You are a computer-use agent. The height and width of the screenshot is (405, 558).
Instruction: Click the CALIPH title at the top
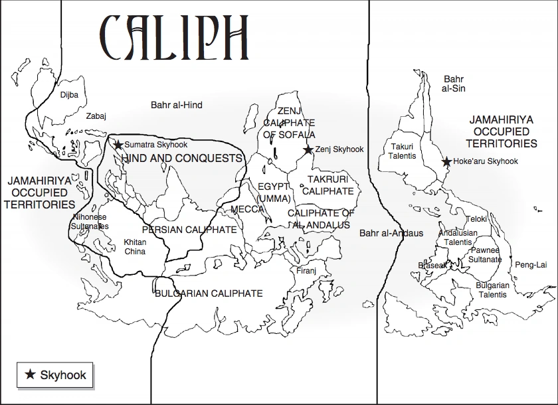(174, 33)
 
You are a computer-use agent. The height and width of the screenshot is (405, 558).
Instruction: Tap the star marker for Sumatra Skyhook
(118, 145)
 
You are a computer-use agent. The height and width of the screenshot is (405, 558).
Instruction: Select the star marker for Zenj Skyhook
(308, 150)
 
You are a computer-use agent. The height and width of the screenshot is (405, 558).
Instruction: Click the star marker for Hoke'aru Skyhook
(447, 161)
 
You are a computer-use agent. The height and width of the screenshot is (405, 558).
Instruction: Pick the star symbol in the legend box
(30, 375)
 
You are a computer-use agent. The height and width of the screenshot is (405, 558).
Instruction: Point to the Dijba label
(69, 95)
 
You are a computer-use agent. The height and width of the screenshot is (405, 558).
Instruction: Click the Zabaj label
(96, 116)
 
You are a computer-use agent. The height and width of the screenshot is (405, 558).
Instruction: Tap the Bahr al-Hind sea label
(176, 105)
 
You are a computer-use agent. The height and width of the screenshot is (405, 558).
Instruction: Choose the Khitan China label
(135, 247)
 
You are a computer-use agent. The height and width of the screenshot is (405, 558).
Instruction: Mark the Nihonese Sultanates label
(90, 222)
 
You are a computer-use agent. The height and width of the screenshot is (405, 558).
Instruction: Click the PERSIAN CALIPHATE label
(189, 230)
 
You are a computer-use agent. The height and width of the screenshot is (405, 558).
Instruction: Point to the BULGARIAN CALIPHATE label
(208, 293)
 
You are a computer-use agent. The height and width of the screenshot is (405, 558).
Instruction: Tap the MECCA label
(247, 210)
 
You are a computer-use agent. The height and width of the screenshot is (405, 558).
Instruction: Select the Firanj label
(307, 271)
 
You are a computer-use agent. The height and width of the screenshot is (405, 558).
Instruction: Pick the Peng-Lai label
(531, 265)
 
